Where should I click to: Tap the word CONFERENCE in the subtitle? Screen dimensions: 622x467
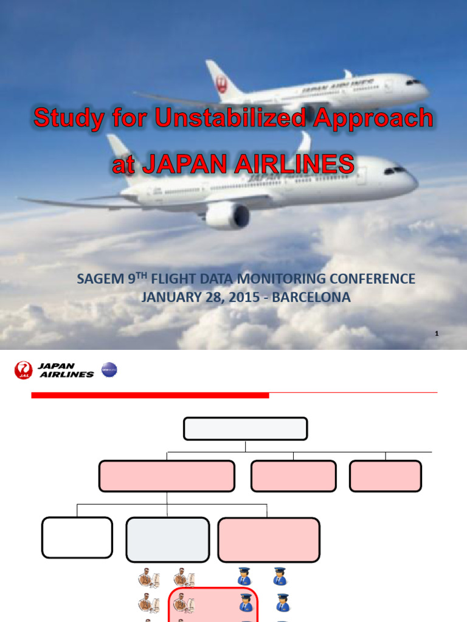click(x=375, y=279)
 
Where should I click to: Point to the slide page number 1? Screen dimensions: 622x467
click(x=437, y=333)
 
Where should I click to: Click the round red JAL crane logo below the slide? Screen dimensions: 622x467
click(x=23, y=370)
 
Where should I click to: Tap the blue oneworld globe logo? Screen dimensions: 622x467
click(x=109, y=369)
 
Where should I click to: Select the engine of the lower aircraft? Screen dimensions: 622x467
click(x=228, y=216)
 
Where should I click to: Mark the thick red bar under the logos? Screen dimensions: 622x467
click(x=150, y=395)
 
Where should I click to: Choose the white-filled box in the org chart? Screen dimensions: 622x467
click(x=77, y=538)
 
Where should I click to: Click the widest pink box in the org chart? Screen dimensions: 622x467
click(x=167, y=476)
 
